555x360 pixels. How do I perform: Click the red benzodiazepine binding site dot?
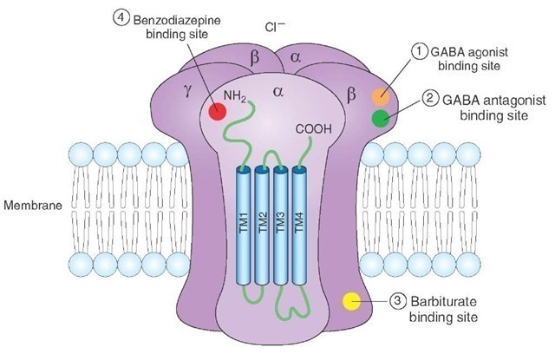click(x=217, y=110)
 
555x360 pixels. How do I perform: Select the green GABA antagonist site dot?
click(x=380, y=119)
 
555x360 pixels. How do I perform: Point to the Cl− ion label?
click(x=276, y=27)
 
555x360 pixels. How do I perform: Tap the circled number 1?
click(x=420, y=51)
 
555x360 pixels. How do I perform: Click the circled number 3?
click(x=398, y=301)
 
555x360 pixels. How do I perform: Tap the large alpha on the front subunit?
click(x=278, y=91)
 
